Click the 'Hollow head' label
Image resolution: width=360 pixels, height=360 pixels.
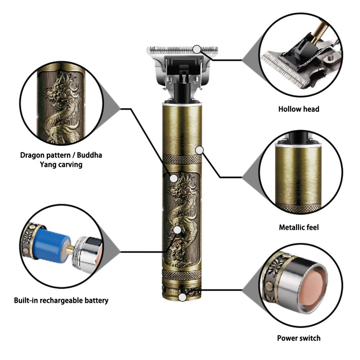298,109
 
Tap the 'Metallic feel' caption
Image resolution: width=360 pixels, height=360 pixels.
298,228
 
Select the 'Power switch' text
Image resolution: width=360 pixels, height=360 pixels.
298,338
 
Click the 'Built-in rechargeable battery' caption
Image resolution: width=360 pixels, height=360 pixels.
61,300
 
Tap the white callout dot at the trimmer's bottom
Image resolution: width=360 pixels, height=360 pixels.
183,297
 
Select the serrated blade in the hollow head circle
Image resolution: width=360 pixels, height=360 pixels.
284,68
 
